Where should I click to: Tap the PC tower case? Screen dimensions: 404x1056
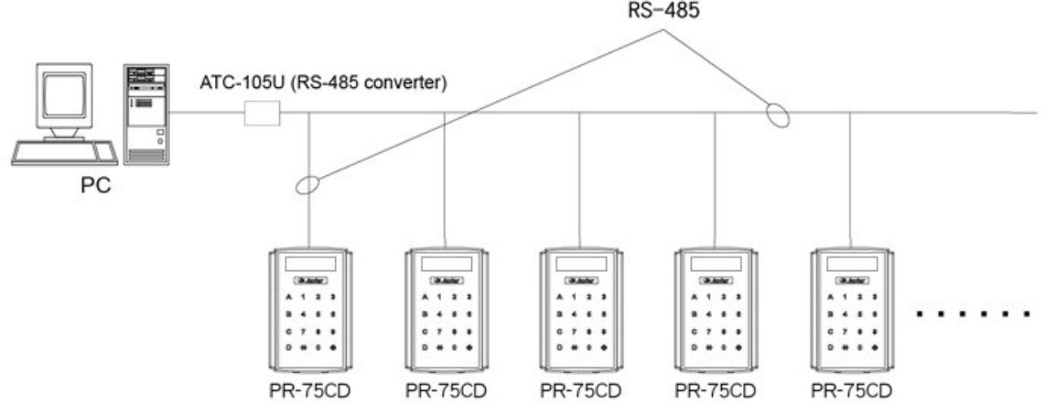[x=145, y=115]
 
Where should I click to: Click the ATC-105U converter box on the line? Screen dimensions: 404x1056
[x=262, y=114]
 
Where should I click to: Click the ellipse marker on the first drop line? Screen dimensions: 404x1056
[x=309, y=184]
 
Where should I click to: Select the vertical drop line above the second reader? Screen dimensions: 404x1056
[x=445, y=179]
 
